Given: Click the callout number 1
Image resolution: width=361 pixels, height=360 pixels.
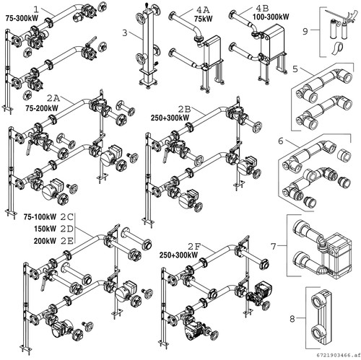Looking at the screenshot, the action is [36, 9].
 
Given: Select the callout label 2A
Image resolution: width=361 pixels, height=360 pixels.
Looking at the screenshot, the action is [53, 98].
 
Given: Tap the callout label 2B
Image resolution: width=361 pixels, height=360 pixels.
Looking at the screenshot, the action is [184, 110].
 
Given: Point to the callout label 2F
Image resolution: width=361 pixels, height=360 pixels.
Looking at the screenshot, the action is [194, 246].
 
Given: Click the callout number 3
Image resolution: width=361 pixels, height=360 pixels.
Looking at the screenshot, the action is [124, 32].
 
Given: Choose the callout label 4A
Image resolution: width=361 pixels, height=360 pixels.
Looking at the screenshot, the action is [203, 10].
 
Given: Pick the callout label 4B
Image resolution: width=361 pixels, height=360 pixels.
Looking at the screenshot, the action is [262, 9].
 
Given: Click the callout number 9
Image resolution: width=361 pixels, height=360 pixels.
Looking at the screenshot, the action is [305, 31].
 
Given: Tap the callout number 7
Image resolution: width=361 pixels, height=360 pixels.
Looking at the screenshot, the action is [273, 246].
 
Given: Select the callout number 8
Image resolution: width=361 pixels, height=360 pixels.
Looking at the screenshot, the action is [292, 319].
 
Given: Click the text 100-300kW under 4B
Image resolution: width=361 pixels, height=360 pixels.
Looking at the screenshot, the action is [271, 17].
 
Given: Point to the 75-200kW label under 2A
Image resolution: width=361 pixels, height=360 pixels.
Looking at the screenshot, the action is [42, 108].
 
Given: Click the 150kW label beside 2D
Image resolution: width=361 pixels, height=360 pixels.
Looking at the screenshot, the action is [45, 229].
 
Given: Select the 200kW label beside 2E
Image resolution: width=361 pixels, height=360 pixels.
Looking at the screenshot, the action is [45, 241].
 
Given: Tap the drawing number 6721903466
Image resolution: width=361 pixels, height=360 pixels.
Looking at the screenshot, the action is [334, 355].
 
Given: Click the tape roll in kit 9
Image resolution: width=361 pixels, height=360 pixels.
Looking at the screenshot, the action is [337, 49].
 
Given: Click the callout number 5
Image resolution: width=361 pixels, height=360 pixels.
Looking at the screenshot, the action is [295, 69].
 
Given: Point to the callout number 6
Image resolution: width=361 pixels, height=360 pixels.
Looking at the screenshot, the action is [281, 141].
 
